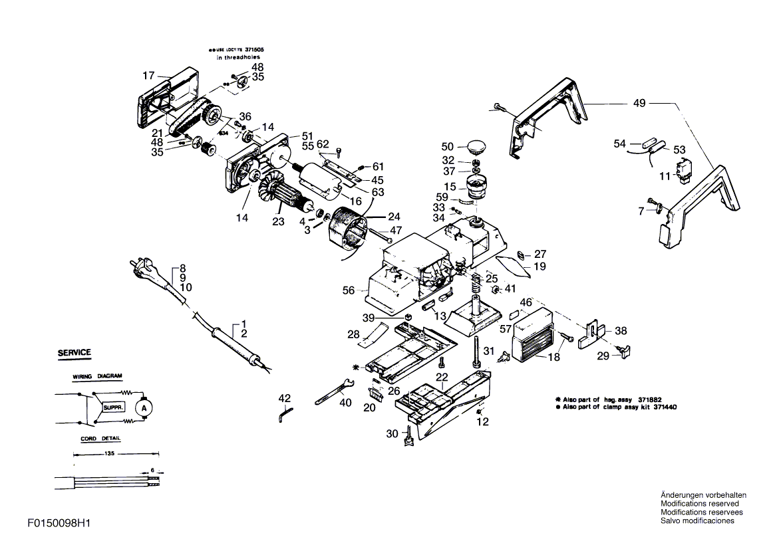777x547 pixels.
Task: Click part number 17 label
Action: pos(148,75)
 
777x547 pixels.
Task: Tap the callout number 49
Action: pos(639,104)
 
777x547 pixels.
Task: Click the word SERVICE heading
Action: pos(74,352)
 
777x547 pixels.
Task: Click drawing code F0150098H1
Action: pos(59,524)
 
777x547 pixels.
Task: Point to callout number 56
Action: pos(348,290)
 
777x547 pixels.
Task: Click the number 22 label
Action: pos(441,377)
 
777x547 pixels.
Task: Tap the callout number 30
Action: pos(392,433)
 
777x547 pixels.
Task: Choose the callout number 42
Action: pos(285,398)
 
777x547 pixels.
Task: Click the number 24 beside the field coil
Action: pos(394,216)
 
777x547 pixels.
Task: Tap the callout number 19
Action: pos(540,267)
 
